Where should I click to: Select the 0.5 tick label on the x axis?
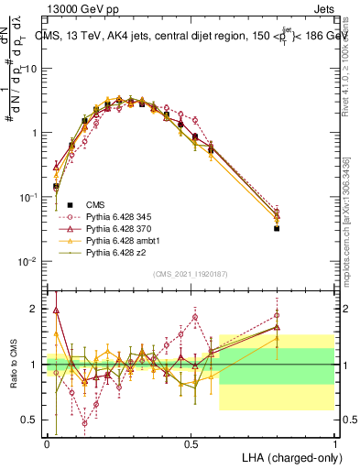[x=191, y=442]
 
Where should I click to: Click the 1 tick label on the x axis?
[x=334, y=442]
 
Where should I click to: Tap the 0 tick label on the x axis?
[x=47, y=442]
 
